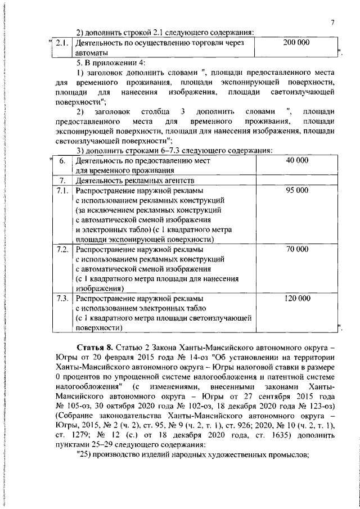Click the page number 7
(x=332, y=22)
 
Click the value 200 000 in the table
(x=297, y=42)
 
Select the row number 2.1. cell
(x=64, y=43)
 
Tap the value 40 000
(x=297, y=160)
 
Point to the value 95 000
(x=297, y=191)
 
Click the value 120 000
(x=297, y=298)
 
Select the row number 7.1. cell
(x=63, y=191)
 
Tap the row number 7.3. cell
(x=63, y=298)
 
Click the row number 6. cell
(x=63, y=161)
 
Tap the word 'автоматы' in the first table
(x=92, y=52)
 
